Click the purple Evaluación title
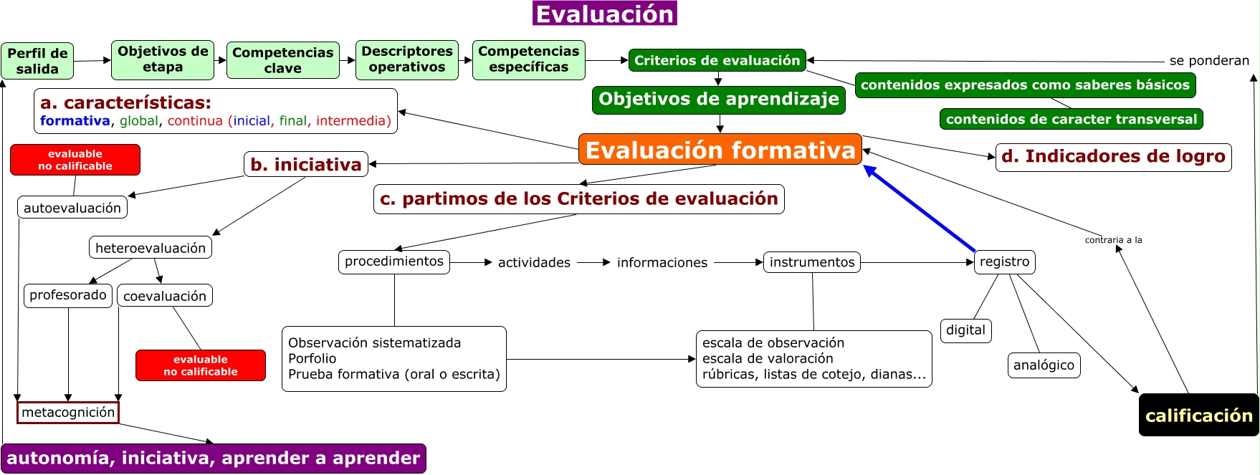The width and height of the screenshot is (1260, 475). coord(605,14)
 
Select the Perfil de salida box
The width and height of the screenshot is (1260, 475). coord(37,61)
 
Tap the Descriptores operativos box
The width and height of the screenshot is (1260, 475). coord(407,59)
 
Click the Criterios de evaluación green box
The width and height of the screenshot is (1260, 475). coord(717,60)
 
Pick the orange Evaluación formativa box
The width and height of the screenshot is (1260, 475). coord(720,149)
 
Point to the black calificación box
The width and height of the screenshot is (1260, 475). coord(1198,415)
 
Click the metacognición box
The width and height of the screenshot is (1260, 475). coord(68,412)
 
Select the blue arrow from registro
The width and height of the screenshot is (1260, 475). coord(920,208)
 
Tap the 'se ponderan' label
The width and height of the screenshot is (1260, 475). coord(1209,61)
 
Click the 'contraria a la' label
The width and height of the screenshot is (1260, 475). coord(1113,240)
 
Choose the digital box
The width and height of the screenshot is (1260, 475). coord(965,330)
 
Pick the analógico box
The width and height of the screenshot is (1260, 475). coord(1044,365)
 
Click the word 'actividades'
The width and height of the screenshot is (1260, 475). coord(534,263)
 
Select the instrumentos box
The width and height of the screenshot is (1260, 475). coord(812,262)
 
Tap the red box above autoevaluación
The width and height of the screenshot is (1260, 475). coord(75,160)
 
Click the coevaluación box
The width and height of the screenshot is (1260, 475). coord(165,296)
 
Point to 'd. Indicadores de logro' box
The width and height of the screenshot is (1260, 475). coord(1113,157)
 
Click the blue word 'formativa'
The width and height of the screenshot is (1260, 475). coord(75,121)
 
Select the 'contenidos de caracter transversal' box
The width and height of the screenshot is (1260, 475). coord(1071,119)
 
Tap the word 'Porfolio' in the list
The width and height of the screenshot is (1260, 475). coord(312,358)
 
